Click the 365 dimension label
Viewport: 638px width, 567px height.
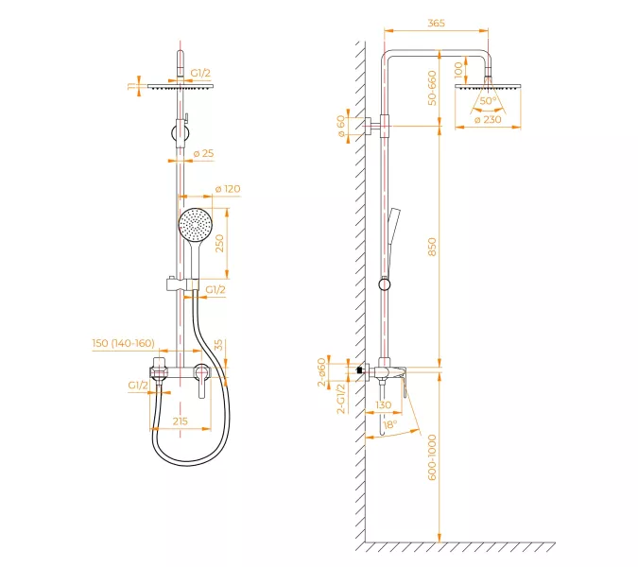(x=436, y=24)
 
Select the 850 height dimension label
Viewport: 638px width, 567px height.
(x=432, y=247)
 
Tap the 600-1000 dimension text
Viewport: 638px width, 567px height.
(x=432, y=457)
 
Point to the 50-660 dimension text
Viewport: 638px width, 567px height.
(x=432, y=88)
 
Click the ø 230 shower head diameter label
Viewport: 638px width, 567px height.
(x=488, y=120)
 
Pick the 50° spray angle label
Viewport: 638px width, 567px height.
(x=489, y=100)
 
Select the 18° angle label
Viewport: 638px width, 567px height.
(x=389, y=424)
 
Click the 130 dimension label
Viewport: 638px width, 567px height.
(x=384, y=404)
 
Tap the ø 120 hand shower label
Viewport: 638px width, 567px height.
(x=228, y=189)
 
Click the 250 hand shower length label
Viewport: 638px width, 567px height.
(x=219, y=243)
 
